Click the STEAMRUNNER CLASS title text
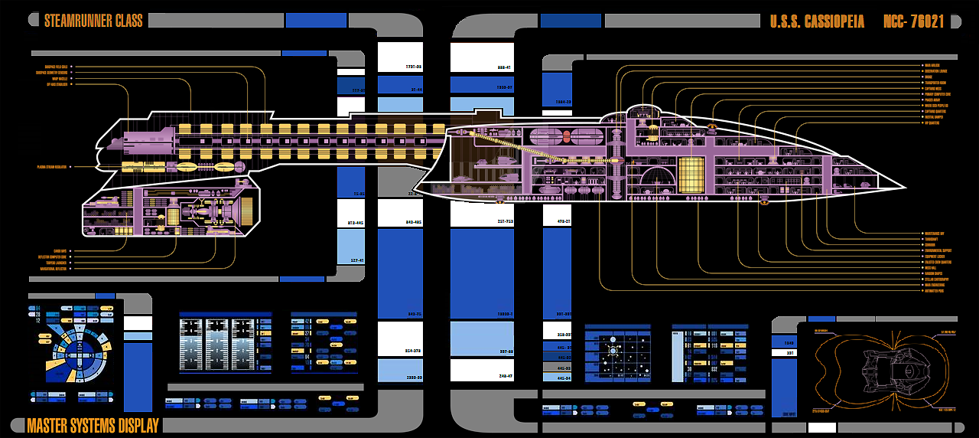(x=93, y=21)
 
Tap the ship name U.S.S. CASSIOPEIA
(x=817, y=21)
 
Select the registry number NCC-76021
(x=915, y=21)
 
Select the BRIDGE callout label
(x=928, y=77)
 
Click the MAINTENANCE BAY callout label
(x=935, y=234)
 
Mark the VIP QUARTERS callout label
(x=932, y=123)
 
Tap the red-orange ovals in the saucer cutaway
(x=567, y=138)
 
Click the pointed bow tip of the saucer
(x=905, y=187)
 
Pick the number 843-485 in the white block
(x=414, y=223)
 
